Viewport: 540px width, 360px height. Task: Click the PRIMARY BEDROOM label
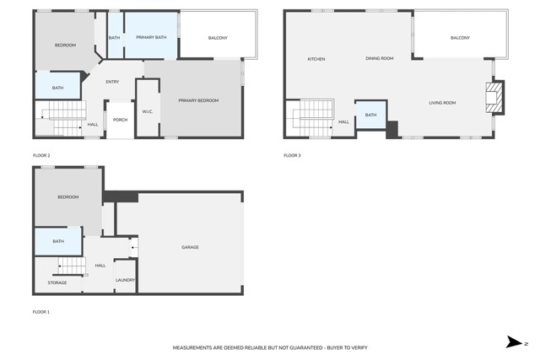coord(198,100)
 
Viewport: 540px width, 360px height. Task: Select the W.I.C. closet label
coord(147,111)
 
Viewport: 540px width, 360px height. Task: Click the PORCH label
coord(120,120)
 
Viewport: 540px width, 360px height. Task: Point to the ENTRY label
coord(112,82)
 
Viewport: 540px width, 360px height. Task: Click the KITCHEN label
coord(316,59)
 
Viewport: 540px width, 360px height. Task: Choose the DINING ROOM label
coord(380,58)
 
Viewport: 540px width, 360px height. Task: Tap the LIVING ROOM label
coord(442,103)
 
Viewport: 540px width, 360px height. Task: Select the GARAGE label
coord(190,247)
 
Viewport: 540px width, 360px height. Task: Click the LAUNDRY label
coord(125,280)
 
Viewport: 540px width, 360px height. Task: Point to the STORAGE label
coord(57,282)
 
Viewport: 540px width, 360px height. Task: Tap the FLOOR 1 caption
coord(41,312)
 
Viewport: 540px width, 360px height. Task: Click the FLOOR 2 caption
coord(41,155)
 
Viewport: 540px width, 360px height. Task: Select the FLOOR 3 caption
coord(292,155)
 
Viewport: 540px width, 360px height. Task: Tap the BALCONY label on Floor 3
coord(460,38)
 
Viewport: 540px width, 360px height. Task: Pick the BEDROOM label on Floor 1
coord(67,197)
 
